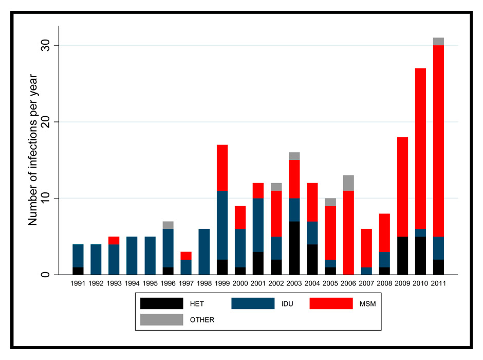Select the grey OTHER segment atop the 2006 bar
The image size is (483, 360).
[x=348, y=183]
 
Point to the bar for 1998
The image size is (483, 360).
[x=204, y=251]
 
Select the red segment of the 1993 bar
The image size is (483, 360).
[x=114, y=240]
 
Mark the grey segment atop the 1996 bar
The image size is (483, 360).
[x=168, y=225]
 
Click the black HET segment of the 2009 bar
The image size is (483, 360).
[x=402, y=255]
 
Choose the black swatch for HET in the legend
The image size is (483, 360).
[x=161, y=303]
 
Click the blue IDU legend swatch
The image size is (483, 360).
[x=252, y=303]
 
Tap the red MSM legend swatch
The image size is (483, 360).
[x=331, y=303]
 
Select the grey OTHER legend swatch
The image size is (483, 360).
[x=161, y=319]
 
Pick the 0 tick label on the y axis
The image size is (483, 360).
[x=49, y=274]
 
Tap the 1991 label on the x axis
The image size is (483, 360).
[x=78, y=283]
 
